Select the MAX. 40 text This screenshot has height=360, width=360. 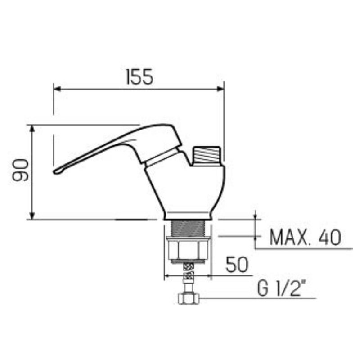click(x=305, y=237)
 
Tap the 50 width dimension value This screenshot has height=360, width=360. click(x=237, y=265)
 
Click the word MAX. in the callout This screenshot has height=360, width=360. click(x=287, y=237)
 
